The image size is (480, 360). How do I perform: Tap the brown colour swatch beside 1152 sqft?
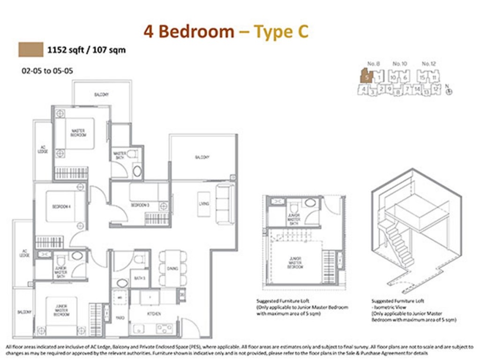[30, 49]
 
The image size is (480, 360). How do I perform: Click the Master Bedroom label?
[78, 133]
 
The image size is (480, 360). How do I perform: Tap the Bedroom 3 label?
[139, 205]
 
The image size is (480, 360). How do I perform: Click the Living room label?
[204, 204]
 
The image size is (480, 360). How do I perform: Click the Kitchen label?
[154, 314]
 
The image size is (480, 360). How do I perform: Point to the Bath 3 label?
[139, 278]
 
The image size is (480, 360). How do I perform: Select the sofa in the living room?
[225, 204]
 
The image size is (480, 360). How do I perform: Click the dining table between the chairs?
[172, 269]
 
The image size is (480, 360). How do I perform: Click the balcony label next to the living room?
[202, 157]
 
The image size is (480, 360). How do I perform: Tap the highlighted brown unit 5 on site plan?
[367, 75]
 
